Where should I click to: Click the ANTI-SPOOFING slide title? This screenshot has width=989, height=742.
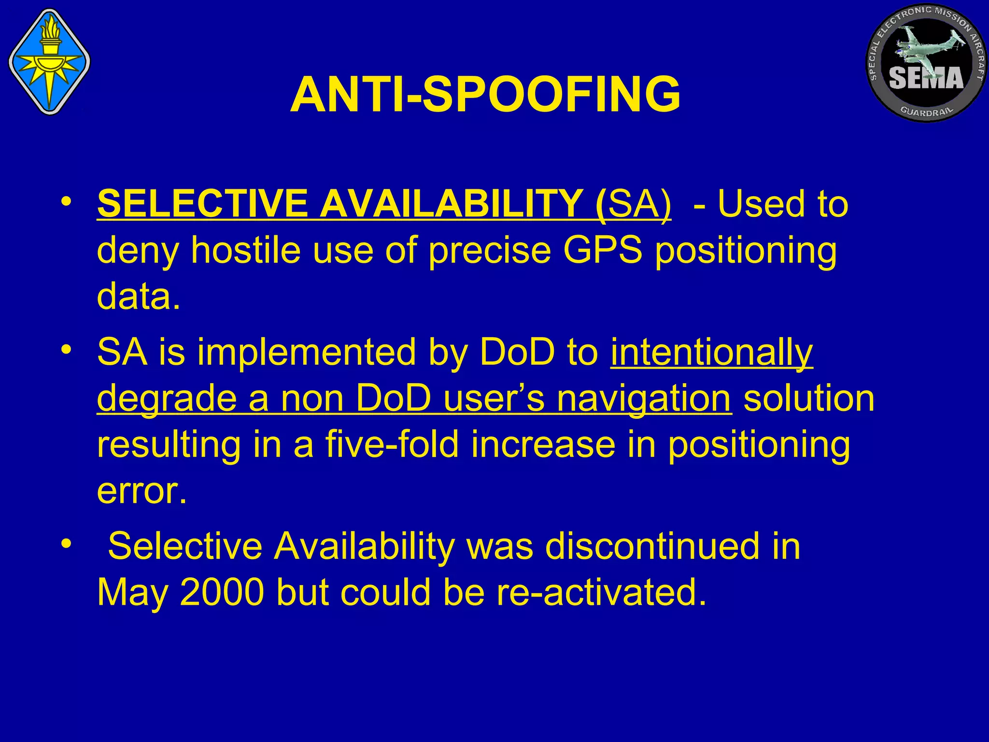click(485, 95)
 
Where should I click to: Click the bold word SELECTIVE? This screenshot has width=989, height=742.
click(202, 204)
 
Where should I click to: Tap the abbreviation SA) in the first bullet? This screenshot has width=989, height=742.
click(640, 204)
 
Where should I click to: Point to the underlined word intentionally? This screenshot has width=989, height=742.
click(712, 353)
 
